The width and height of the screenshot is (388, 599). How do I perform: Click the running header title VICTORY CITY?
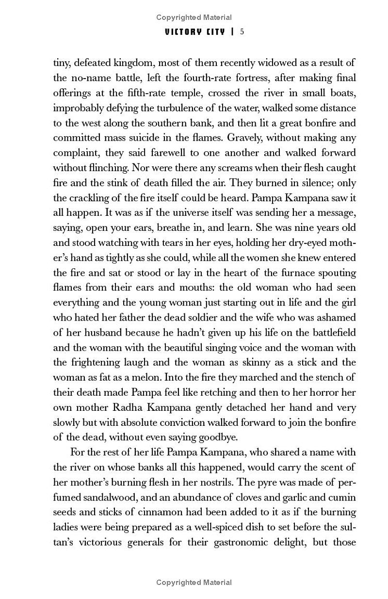pyautogui.click(x=194, y=32)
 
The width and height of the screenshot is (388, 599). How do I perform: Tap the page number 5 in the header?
pyautogui.click(x=242, y=32)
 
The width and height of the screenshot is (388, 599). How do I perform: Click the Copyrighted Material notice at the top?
pyautogui.click(x=194, y=17)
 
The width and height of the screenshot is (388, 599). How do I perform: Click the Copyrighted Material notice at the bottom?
pyautogui.click(x=194, y=583)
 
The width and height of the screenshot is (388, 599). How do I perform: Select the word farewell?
pyautogui.click(x=158, y=153)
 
